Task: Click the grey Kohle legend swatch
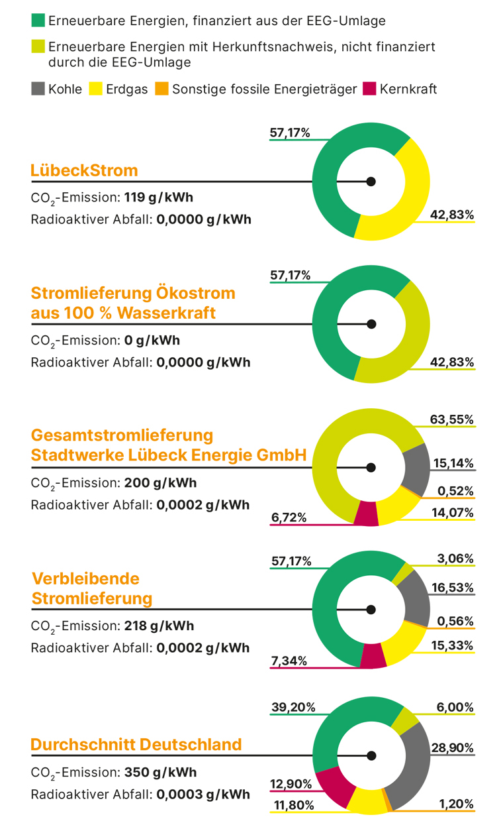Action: pyautogui.click(x=38, y=89)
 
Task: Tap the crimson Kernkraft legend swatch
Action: pyautogui.click(x=369, y=89)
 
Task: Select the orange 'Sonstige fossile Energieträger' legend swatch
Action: pyautogui.click(x=161, y=89)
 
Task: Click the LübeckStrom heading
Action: pyautogui.click(x=84, y=170)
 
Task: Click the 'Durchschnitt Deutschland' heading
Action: pyautogui.click(x=136, y=744)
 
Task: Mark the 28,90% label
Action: pyautogui.click(x=452, y=747)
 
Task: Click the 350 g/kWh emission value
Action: pyautogui.click(x=160, y=773)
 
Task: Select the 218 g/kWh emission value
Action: pyautogui.click(x=159, y=626)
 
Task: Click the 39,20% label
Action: pyautogui.click(x=291, y=707)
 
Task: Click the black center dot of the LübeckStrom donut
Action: pyautogui.click(x=371, y=181)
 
